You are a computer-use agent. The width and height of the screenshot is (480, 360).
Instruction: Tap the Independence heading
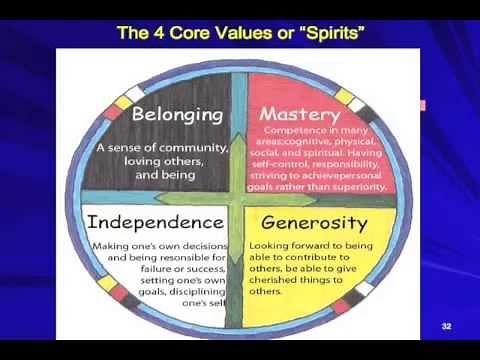click(154, 221)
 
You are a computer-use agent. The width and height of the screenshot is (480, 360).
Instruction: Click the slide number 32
click(447, 327)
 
